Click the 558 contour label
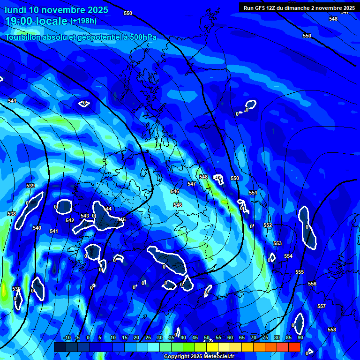tap(332, 330)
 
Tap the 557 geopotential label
tap(322, 306)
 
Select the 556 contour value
tap(312, 284)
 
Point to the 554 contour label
tap(288, 256)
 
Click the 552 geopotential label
tap(268, 225)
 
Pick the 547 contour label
tap(192, 184)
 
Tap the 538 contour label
tap(12, 214)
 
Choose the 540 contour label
tap(37, 228)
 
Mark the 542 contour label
tap(70, 220)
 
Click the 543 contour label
tap(85, 216)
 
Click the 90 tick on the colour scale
tap(300, 337)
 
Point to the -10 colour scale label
tap(67, 337)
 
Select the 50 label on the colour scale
tap(207, 337)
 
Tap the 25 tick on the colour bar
tap(148, 337)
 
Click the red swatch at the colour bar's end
tap(294, 347)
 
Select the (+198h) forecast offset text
tap(83, 21)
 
